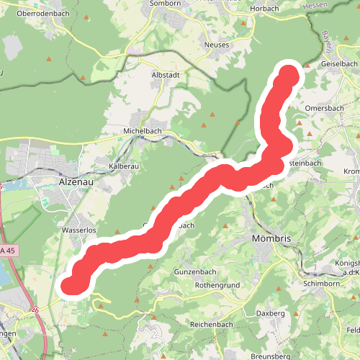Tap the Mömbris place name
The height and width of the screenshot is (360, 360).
tap(271, 238)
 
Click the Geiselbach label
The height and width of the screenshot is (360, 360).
tap(339, 63)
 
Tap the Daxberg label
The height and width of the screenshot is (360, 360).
tap(272, 314)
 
